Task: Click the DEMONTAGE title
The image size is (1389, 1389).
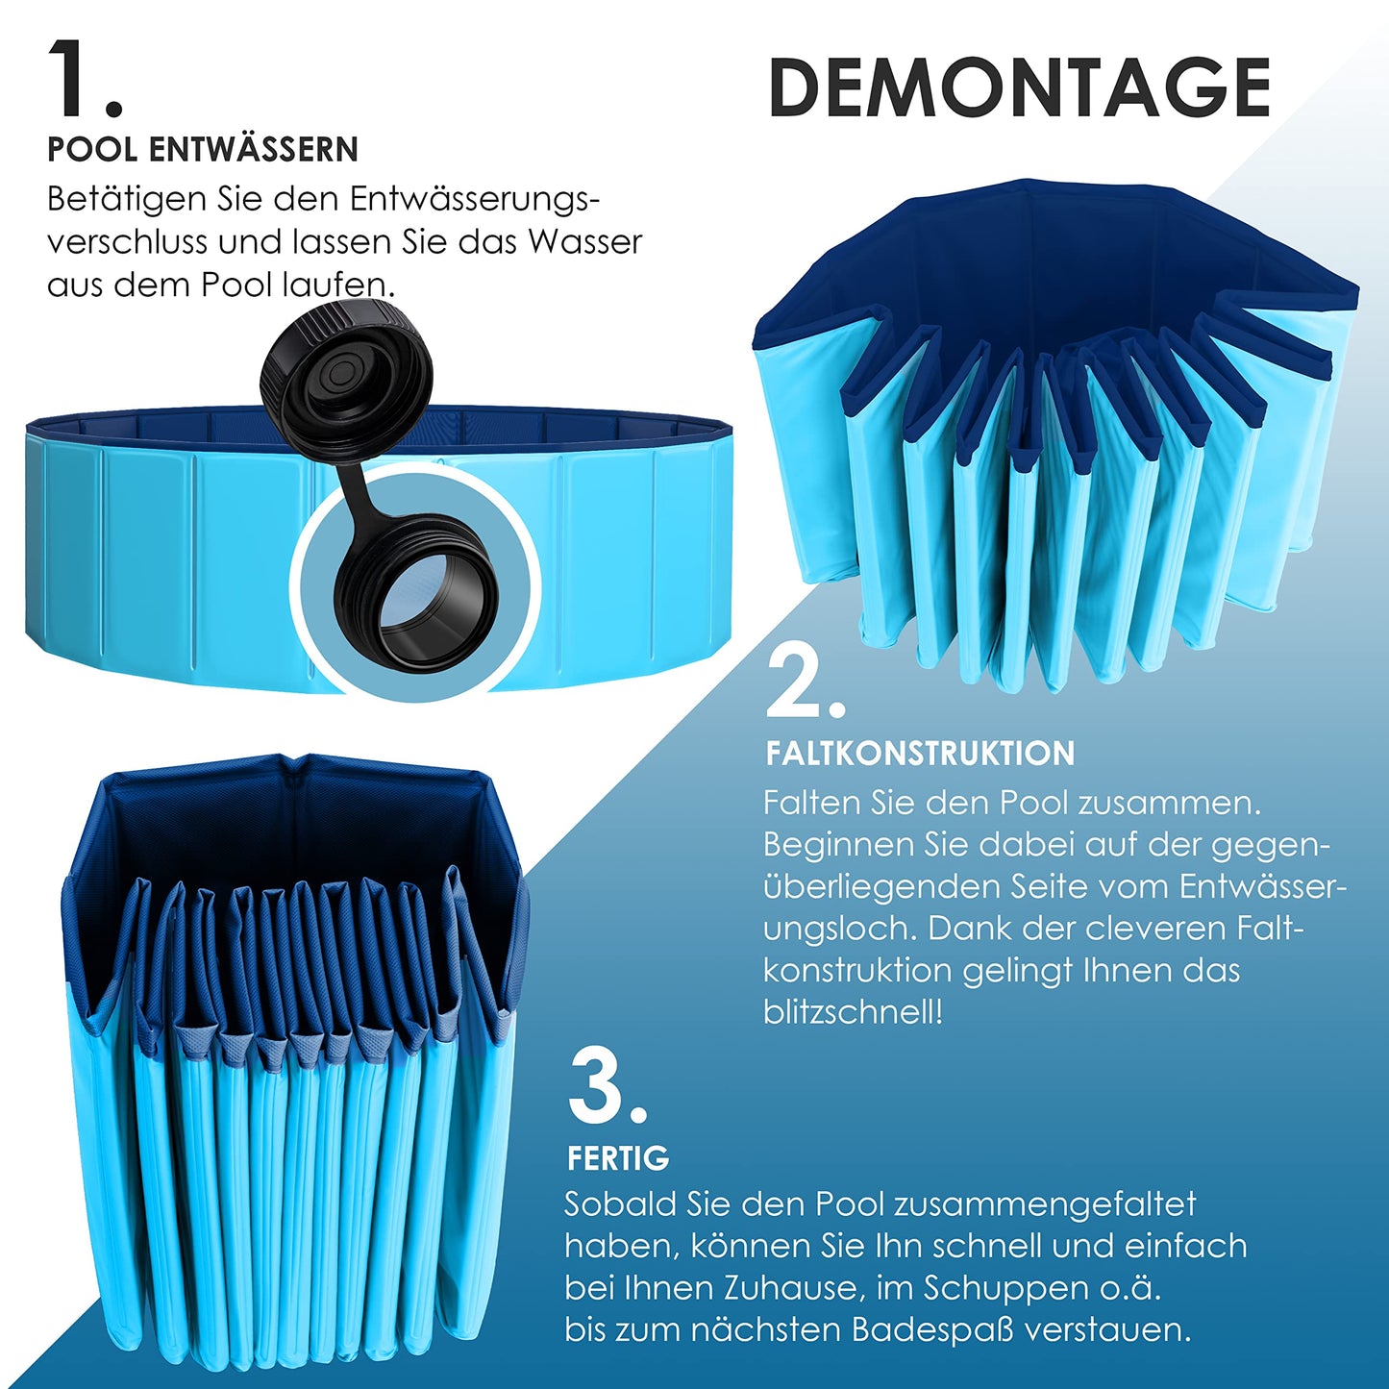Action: click(1019, 87)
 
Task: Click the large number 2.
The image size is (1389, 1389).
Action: click(806, 680)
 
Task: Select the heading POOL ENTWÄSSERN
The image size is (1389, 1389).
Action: click(203, 150)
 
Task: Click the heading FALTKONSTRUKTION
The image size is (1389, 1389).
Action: click(920, 754)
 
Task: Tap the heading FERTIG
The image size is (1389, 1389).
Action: click(618, 1158)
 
